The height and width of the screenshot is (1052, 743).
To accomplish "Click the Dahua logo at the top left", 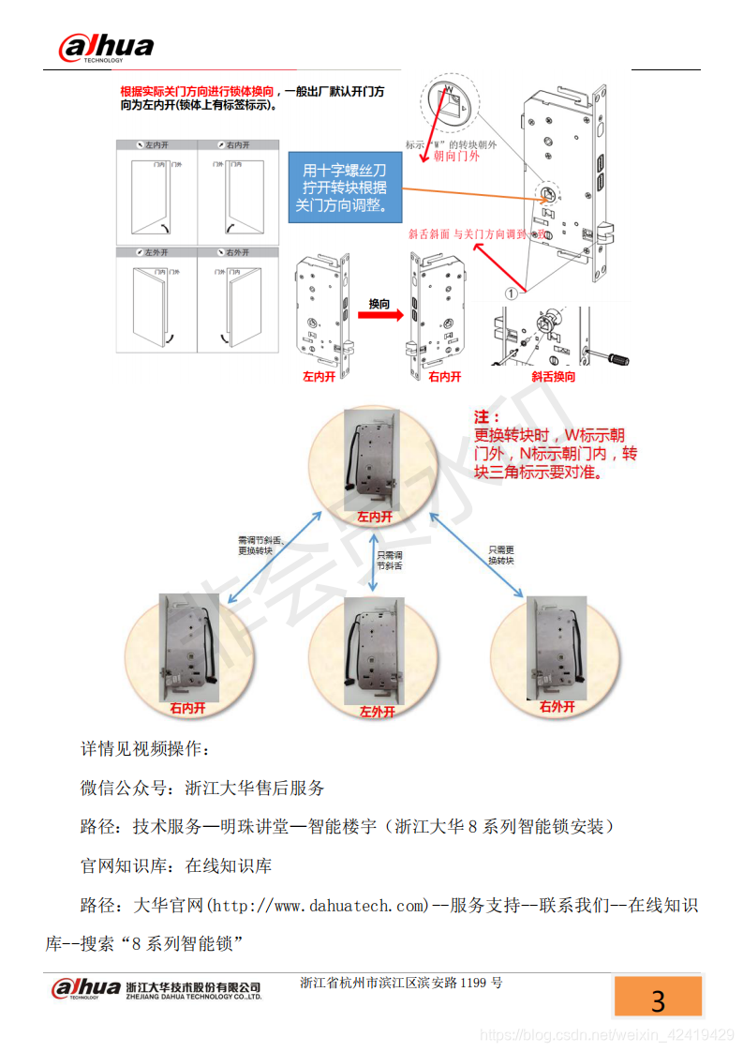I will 105,47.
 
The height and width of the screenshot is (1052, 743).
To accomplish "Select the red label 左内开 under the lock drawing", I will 319,377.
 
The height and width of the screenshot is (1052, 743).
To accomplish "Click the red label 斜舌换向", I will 553,377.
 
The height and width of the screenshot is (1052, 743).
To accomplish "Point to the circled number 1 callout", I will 511,293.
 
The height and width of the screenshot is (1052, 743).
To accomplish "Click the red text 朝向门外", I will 457,157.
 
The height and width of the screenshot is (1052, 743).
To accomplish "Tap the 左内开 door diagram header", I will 156,145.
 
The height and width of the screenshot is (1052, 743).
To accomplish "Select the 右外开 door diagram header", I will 237,252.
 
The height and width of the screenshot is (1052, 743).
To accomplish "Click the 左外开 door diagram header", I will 156,252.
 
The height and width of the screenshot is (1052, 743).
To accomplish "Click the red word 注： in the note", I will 485,416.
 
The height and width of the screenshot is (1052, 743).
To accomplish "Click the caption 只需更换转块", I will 501,554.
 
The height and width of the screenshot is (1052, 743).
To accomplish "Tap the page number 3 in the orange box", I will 658,1000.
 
